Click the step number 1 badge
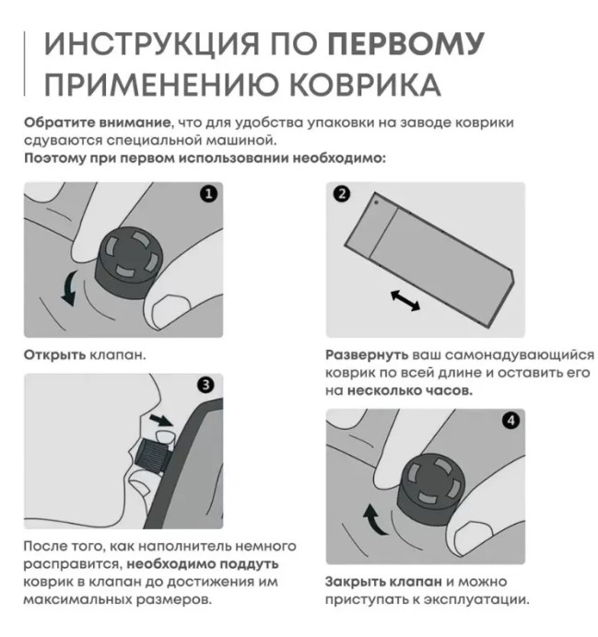click(x=208, y=194)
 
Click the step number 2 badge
click(x=342, y=194)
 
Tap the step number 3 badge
click(x=205, y=385)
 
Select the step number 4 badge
click(x=511, y=421)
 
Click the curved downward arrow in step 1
click(x=69, y=288)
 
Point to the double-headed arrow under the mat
click(x=405, y=300)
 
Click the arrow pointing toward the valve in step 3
click(x=161, y=420)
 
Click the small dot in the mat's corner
click(x=377, y=202)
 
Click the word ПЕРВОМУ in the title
click(x=406, y=43)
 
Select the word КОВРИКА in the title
click(x=366, y=85)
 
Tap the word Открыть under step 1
click(x=55, y=354)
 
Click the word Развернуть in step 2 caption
click(x=367, y=355)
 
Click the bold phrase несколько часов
click(x=410, y=390)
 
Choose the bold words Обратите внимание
click(x=97, y=122)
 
